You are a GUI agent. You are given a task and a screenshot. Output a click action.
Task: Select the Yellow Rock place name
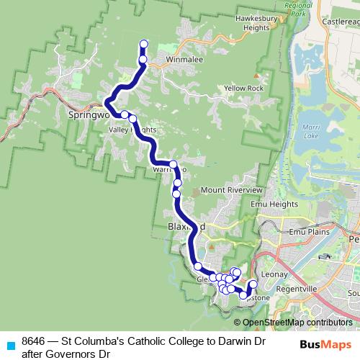coord(244,88)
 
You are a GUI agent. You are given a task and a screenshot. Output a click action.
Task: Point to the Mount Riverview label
coord(231,189)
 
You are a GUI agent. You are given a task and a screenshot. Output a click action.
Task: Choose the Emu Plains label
coord(309,233)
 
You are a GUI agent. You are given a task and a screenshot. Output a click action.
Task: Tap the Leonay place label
coord(274,274)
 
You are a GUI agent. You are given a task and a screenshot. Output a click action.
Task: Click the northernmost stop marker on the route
coord(143,44)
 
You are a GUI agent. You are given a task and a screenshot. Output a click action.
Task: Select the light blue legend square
coord(10,345)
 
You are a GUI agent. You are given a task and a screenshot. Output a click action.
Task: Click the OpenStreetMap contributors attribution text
coord(297,323)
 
